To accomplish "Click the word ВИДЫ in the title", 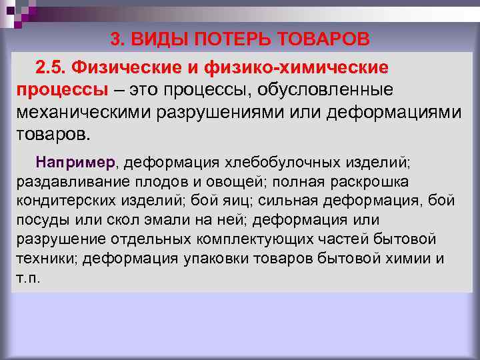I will coord(159,39).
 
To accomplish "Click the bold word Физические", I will coord(127,67).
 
